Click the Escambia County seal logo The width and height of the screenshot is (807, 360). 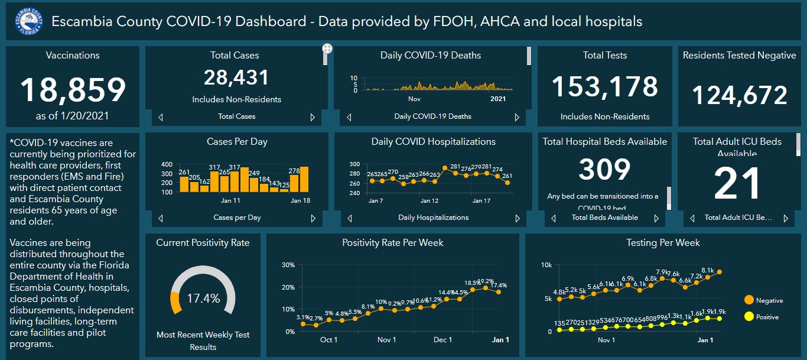tap(29, 22)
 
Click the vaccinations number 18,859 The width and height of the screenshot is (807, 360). tap(73, 90)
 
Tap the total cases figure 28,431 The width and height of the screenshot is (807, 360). tap(236, 77)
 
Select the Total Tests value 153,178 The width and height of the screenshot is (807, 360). tap(604, 87)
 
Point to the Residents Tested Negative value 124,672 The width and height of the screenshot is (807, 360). tap(739, 95)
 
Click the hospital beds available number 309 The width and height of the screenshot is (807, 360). tap(604, 170)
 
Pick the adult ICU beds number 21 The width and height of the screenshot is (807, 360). tap(737, 184)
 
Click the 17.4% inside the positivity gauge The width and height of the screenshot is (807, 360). tap(203, 298)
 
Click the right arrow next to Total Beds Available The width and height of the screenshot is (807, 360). tap(656, 218)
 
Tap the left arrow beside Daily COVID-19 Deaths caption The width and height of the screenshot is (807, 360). tap(349, 117)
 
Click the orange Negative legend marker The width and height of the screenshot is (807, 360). tap(749, 300)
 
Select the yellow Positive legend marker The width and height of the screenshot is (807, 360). tap(749, 317)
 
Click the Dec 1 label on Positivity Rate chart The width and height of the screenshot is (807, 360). tap(442, 340)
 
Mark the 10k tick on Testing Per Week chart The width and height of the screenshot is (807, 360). tap(546, 264)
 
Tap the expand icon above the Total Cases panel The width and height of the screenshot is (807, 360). tap(327, 48)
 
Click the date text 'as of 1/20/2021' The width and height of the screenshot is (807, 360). tap(73, 116)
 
